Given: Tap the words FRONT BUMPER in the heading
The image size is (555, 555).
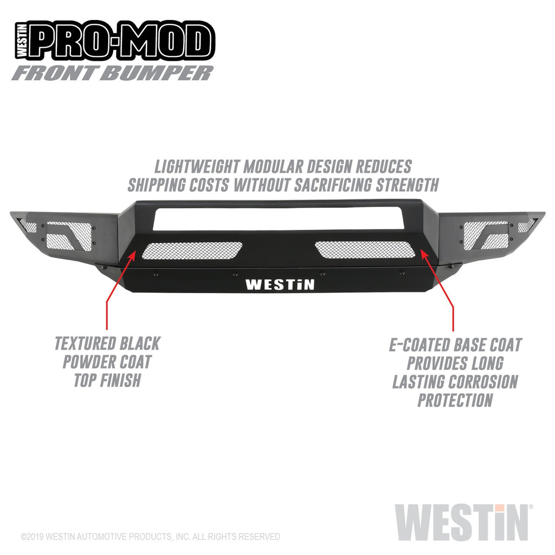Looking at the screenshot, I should click(x=112, y=73).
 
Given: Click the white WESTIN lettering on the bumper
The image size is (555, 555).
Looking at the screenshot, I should click(x=280, y=285).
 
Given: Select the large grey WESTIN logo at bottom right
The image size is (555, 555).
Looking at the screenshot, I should click(x=461, y=522).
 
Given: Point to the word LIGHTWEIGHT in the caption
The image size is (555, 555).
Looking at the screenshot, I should click(x=198, y=166).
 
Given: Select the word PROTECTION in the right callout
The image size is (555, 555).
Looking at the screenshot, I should click(x=455, y=400).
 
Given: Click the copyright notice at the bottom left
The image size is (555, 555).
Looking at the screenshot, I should click(x=150, y=537).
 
